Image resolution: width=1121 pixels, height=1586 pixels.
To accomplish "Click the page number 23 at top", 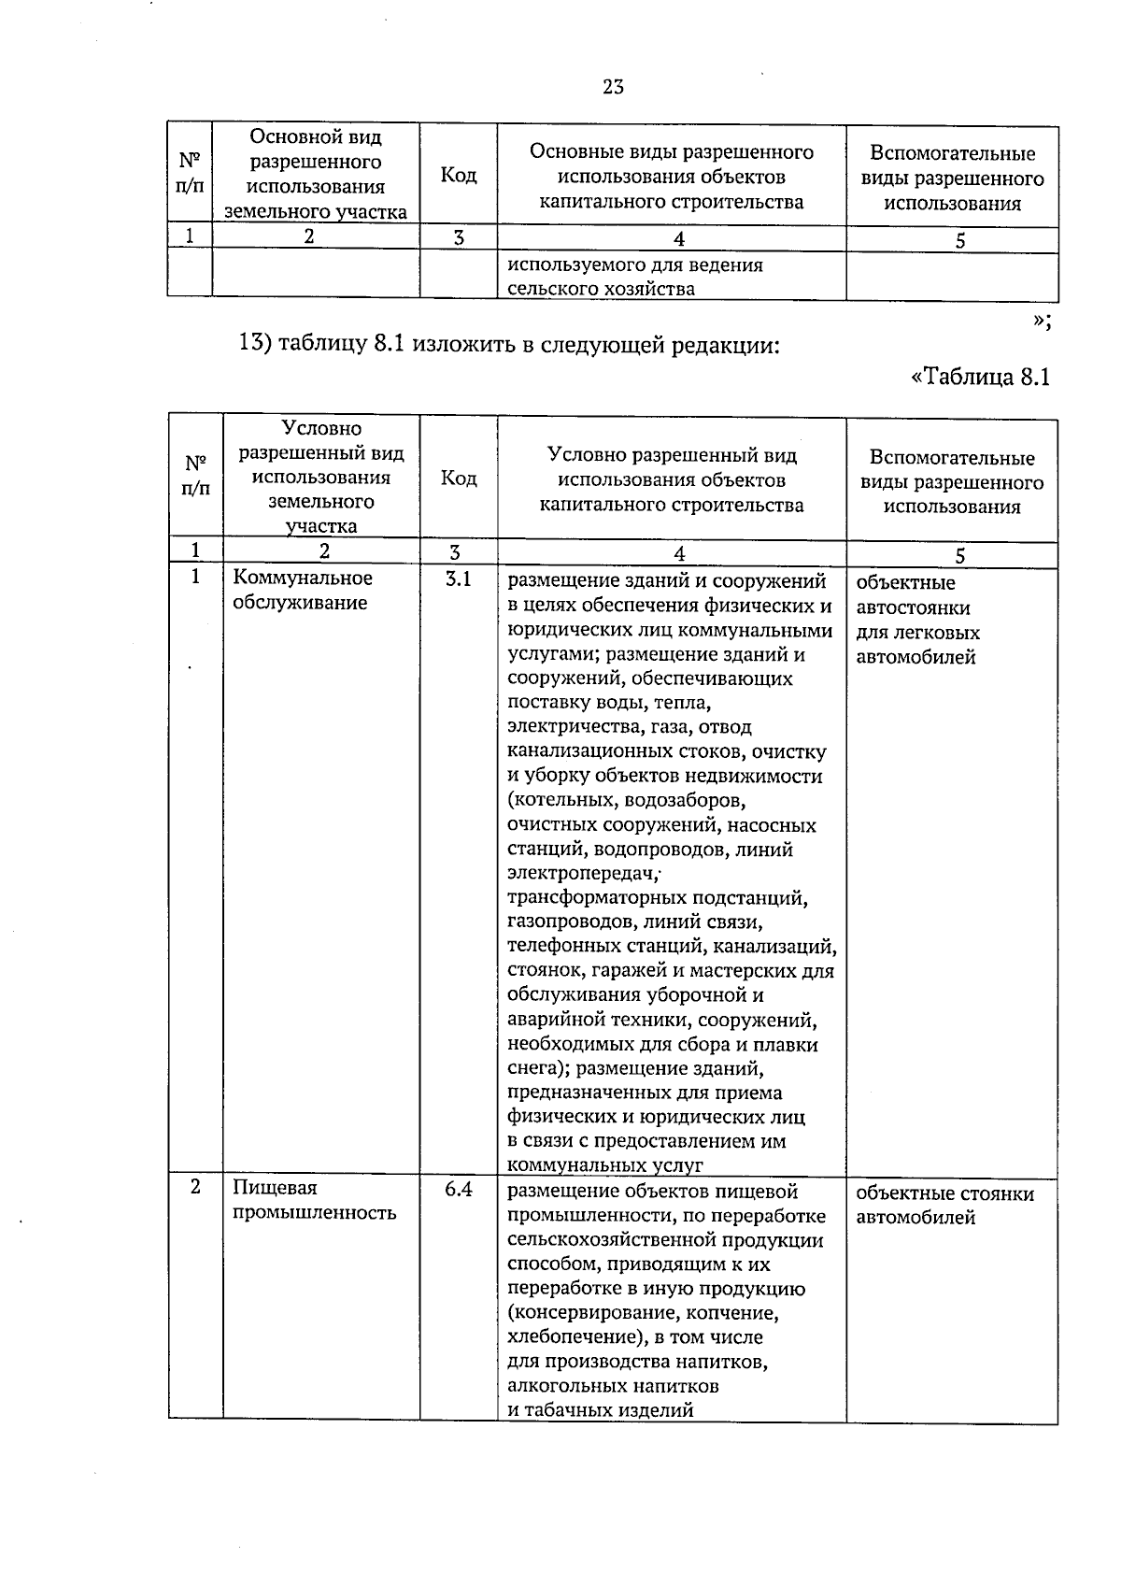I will pos(613,88).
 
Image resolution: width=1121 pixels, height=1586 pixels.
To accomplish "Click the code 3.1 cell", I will pos(458,579).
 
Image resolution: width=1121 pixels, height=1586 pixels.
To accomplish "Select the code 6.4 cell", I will pos(458,1189).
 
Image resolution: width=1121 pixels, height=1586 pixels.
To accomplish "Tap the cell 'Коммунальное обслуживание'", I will pos(302,591).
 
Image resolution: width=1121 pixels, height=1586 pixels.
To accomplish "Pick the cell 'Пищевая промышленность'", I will pos(314,1200).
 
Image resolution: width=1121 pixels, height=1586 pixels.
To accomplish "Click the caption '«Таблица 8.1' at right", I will pos(980,377).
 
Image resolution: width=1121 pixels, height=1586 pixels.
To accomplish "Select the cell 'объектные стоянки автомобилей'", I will pos(944,1206).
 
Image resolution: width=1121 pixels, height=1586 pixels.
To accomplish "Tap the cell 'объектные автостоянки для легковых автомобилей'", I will pos(917,620).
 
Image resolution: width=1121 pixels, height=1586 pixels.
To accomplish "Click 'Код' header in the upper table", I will pos(458,176).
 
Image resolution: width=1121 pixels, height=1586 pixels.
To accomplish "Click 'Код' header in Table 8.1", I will pos(458,479).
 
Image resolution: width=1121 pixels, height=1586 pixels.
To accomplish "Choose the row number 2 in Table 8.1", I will pos(195,1188).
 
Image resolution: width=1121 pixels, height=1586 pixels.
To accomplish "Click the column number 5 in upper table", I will pos(960,240).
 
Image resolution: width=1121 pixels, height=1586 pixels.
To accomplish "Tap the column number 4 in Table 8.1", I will pos(679,553).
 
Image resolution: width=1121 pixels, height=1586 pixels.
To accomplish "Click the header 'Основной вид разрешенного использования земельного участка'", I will pos(315,175).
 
